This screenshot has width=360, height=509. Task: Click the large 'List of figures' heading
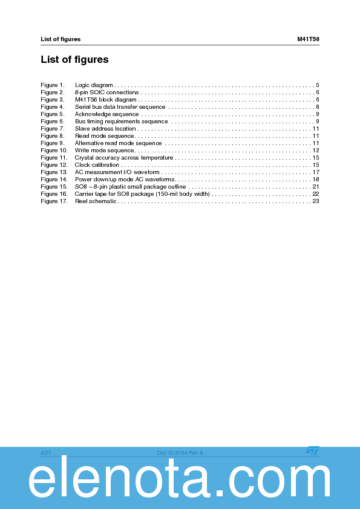[74, 60]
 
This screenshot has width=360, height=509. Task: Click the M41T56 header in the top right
[308, 39]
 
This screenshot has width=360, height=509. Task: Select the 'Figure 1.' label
[52, 85]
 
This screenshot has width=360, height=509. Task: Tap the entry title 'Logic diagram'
[94, 85]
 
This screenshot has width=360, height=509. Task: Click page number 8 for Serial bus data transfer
[317, 107]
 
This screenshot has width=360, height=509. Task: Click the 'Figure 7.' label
[52, 129]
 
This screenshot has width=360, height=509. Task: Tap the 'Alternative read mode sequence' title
[118, 143]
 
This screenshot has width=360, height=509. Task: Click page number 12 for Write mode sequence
[315, 151]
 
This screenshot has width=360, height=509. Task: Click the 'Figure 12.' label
[54, 165]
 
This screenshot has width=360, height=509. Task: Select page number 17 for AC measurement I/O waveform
[315, 172]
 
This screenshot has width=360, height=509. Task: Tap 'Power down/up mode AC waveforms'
[124, 180]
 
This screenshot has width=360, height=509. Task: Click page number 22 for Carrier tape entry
[315, 194]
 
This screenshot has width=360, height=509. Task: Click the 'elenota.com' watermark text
[180, 482]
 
